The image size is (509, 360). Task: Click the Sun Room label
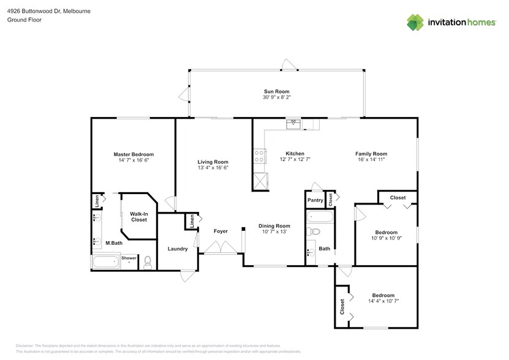(277, 91)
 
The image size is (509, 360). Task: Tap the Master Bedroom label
(134, 154)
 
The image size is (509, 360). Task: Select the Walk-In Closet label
(138, 216)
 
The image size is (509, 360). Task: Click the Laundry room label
(178, 249)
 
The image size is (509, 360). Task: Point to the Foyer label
(221, 231)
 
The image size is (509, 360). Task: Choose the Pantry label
(315, 200)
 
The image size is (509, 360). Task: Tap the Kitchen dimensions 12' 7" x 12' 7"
(295, 159)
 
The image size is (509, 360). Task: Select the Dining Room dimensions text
(274, 231)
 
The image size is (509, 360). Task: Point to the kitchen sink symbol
(294, 124)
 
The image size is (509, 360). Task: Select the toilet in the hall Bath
(315, 231)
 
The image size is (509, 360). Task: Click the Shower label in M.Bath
(129, 258)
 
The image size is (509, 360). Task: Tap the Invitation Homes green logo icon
(416, 22)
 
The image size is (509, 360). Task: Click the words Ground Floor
(21, 20)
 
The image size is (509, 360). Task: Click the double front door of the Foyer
(221, 247)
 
